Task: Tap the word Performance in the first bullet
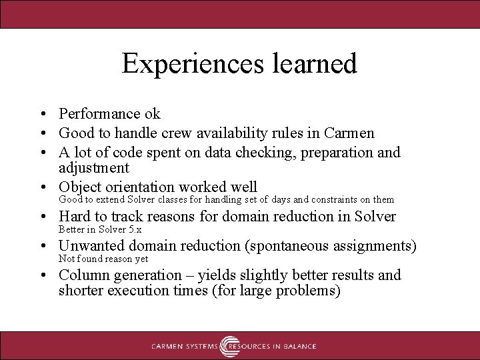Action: (x=99, y=114)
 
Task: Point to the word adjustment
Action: (x=93, y=167)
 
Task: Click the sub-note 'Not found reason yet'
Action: (x=103, y=259)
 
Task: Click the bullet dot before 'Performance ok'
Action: (x=42, y=115)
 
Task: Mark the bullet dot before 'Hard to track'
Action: (x=42, y=217)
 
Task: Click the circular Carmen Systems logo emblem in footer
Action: (x=231, y=346)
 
